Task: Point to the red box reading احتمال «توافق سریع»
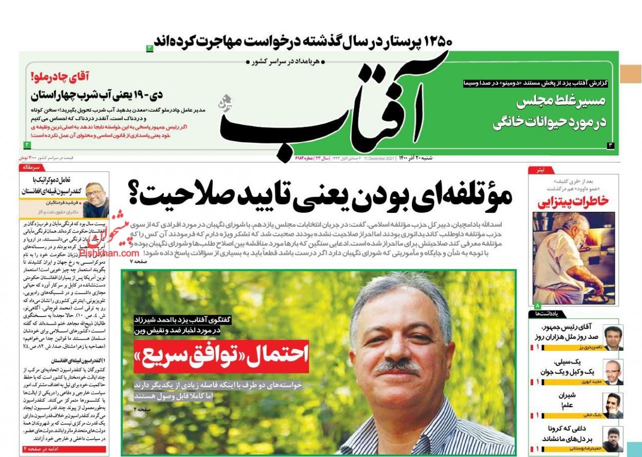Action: pos(221,355)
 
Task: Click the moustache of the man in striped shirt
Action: pos(396,366)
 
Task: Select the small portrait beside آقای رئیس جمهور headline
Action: pos(613,337)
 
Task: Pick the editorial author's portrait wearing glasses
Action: pos(97,198)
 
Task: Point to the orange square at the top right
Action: pos(630,74)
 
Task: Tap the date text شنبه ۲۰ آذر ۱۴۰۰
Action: pos(414,158)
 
